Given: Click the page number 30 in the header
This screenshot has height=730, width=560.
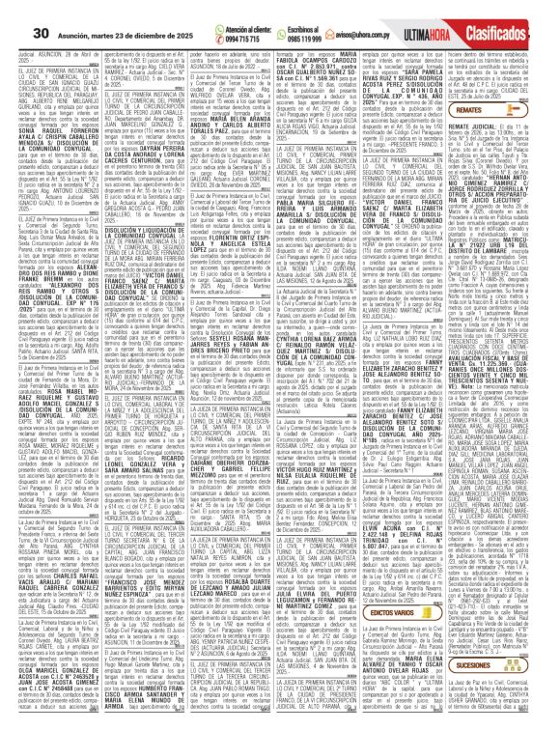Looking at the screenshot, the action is [16, 11].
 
